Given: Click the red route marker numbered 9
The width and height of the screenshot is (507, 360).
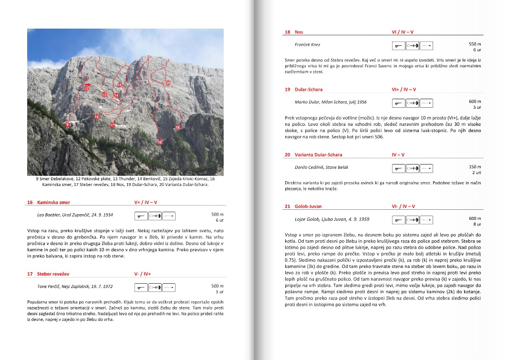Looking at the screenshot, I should click(x=68, y=124).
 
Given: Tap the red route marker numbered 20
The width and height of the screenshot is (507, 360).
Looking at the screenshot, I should click(x=168, y=83).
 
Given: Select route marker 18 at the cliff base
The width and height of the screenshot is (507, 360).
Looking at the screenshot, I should click(x=160, y=142).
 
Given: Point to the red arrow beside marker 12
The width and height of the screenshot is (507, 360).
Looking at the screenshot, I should click(x=87, y=84).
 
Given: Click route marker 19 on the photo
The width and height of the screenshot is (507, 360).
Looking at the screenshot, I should click(x=177, y=127).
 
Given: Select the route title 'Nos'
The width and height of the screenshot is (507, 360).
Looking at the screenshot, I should click(x=299, y=32).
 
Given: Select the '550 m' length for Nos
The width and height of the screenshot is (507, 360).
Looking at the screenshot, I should click(x=475, y=43).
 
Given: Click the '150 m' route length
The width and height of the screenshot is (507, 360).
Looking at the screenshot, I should click(x=475, y=166).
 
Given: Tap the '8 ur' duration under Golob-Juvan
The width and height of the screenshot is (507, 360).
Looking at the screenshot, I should click(x=477, y=224).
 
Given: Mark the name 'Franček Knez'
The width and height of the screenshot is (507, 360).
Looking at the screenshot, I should click(x=308, y=45).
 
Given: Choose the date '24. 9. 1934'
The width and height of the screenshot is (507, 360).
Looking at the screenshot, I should click(x=100, y=215).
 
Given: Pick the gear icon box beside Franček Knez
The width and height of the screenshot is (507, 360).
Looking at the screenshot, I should click(x=413, y=46).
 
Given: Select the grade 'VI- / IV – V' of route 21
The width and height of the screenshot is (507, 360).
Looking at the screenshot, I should click(x=403, y=206).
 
